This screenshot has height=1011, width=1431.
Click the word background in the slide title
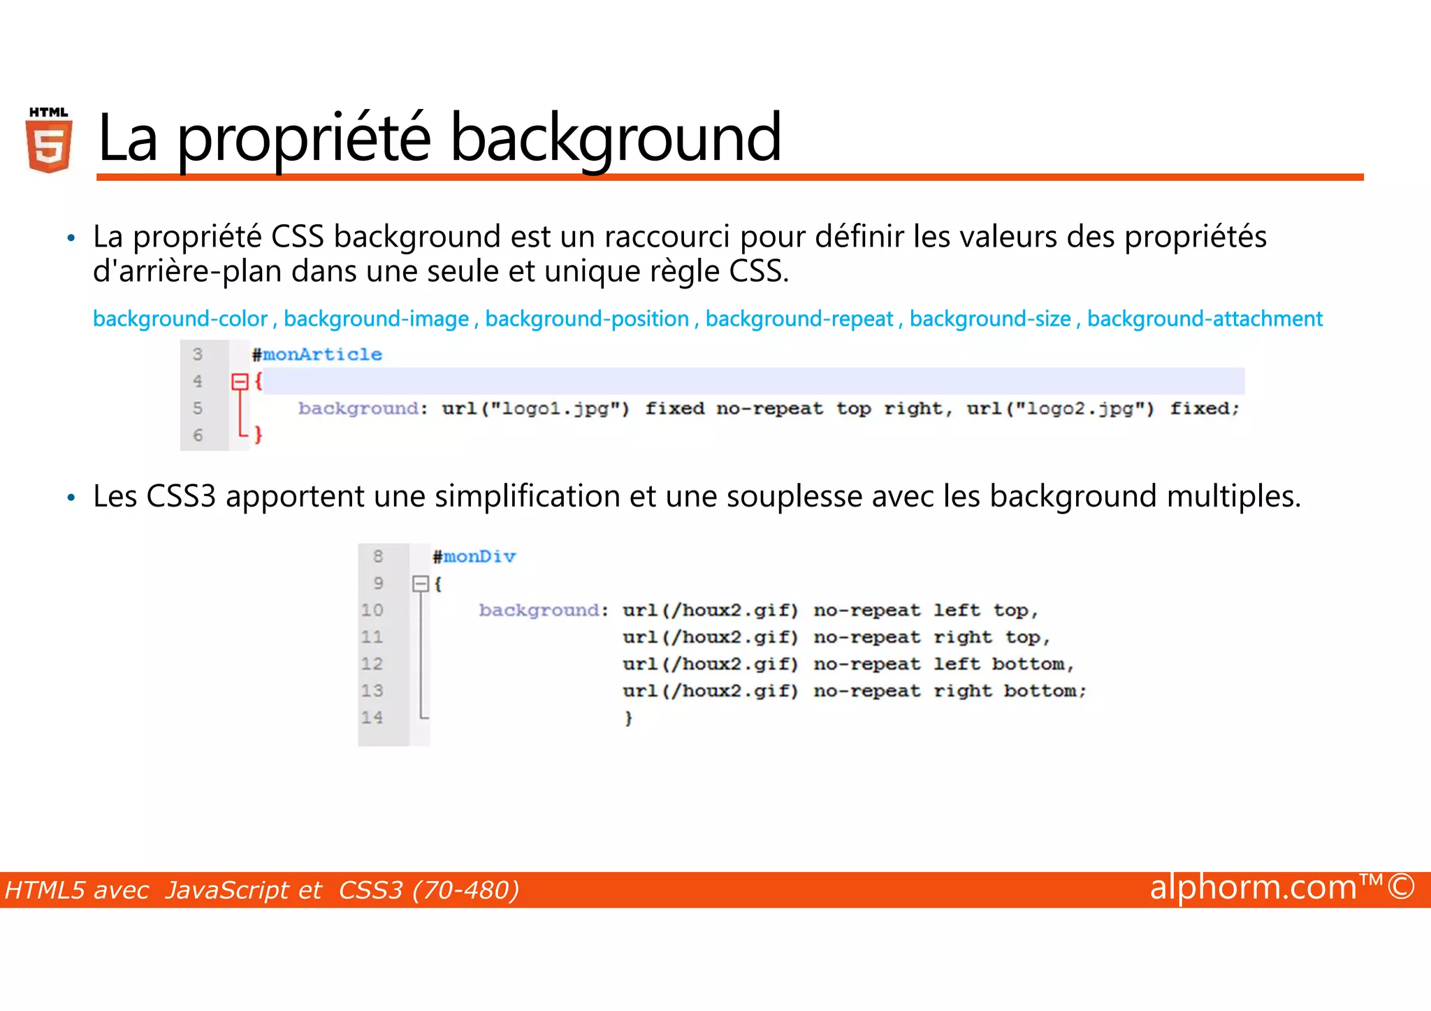(615, 138)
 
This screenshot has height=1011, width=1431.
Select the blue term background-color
(180, 319)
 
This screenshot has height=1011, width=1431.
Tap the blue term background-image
(376, 319)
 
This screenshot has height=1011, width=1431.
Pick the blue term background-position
(587, 319)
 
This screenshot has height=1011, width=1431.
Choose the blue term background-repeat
(799, 319)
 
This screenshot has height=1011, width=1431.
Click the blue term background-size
(990, 319)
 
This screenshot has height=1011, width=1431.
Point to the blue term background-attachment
(1205, 319)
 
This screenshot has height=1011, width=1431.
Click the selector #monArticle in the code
(317, 355)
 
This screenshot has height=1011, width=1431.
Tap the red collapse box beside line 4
(240, 381)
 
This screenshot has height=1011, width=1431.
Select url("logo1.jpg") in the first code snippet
(535, 409)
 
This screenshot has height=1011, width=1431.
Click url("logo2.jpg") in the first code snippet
(1060, 409)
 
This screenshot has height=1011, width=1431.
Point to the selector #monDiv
(474, 557)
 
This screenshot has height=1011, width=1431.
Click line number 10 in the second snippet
(372, 610)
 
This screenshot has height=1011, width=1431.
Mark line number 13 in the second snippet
(372, 691)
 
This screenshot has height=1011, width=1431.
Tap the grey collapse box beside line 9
(420, 583)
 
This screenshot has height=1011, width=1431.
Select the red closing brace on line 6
(258, 435)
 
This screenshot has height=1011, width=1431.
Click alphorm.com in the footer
(1253, 887)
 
